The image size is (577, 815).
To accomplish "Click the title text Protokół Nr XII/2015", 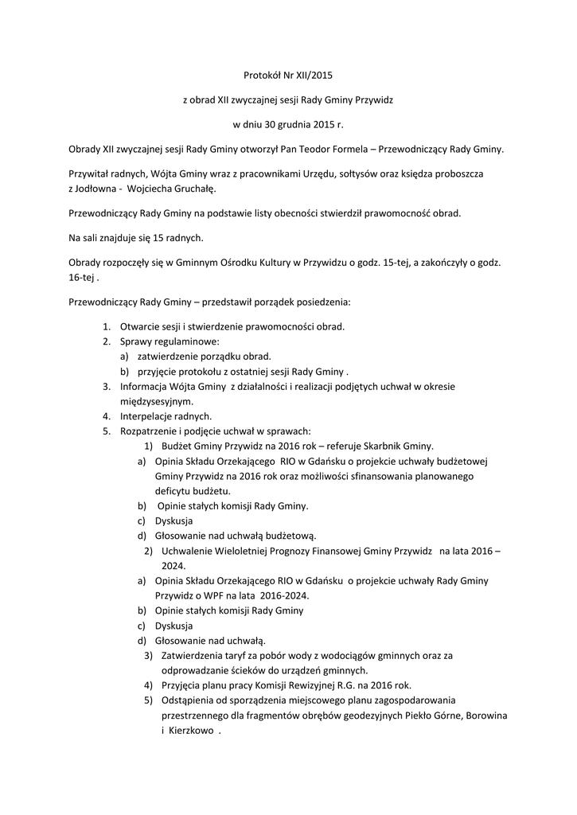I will click(x=288, y=76).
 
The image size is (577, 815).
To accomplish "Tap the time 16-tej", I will click(x=80, y=278).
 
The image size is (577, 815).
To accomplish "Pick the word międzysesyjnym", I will click(x=156, y=401).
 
